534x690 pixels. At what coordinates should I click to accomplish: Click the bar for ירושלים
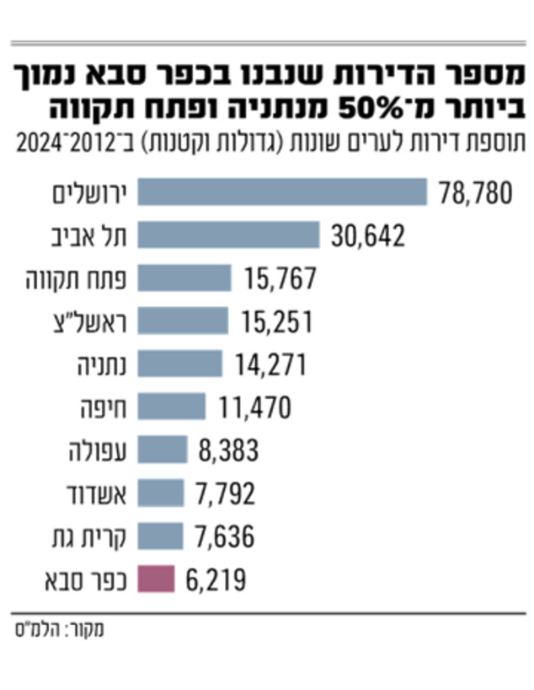[x=282, y=191]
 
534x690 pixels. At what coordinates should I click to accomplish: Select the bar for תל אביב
[x=228, y=234]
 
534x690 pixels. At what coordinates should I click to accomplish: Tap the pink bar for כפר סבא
[x=156, y=579]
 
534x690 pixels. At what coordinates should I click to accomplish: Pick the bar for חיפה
[x=171, y=407]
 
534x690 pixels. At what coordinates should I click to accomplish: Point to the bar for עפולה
[x=163, y=450]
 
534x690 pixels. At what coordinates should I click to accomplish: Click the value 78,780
[x=475, y=193]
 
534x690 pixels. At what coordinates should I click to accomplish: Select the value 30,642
[x=367, y=236]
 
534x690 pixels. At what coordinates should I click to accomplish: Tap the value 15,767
[x=280, y=279]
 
